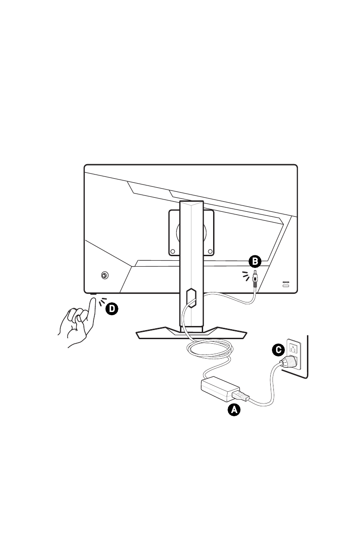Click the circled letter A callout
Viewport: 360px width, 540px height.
pos(234,410)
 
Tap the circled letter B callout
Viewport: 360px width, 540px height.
pos(255,261)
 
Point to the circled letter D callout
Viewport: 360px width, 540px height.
pos(111,309)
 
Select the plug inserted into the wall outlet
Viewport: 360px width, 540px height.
pos(289,361)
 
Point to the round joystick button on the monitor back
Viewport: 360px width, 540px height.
pos(104,275)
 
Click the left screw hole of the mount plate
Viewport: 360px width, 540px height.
pos(173,250)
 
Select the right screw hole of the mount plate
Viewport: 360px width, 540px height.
pos(210,250)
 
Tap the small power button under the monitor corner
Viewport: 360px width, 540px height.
pos(93,295)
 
